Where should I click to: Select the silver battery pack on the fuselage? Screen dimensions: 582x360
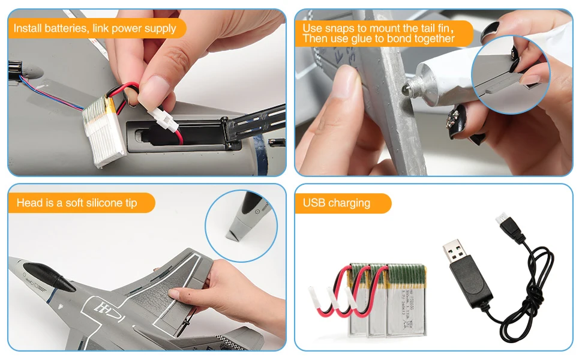click(103, 131)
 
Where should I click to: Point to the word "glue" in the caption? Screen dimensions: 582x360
click(362, 38)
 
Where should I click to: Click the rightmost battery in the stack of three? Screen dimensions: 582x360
click(406, 300)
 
